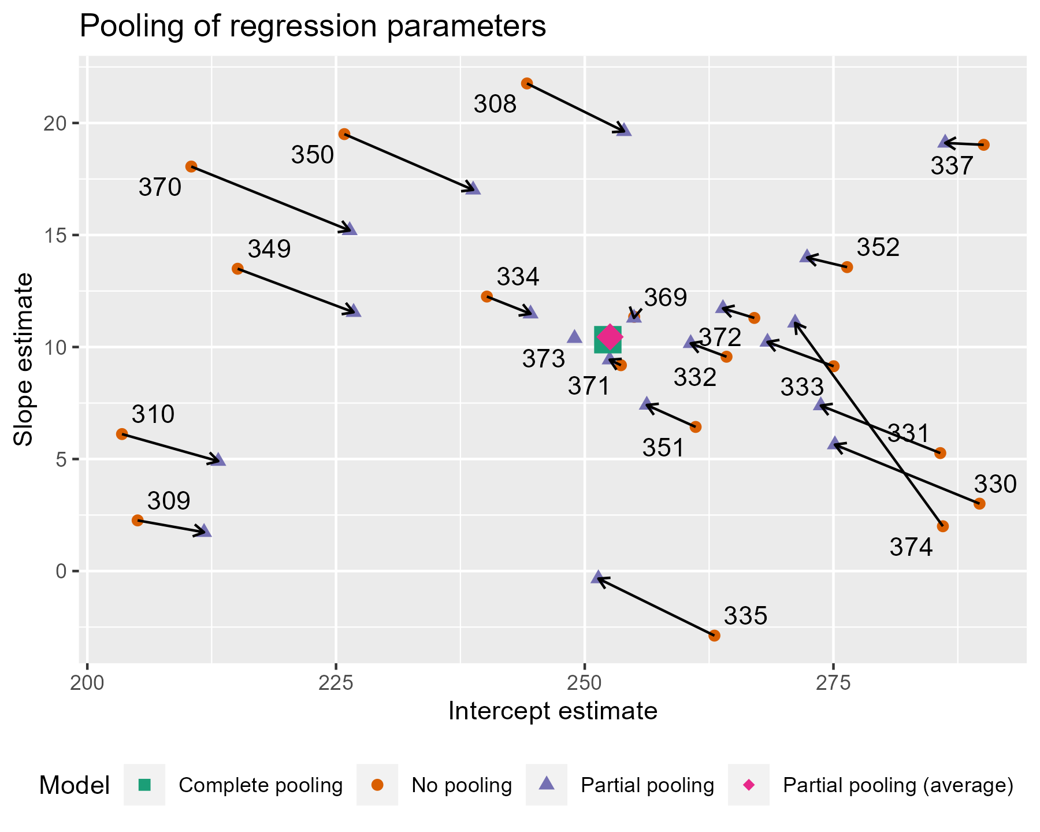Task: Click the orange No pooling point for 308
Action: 526,83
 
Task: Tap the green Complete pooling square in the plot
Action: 607,339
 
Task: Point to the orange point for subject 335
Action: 714,636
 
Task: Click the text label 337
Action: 952,168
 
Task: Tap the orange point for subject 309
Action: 138,520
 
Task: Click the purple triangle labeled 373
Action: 574,336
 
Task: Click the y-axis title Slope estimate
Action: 24,359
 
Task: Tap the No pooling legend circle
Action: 377,785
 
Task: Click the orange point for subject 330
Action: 979,504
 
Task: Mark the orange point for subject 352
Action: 847,267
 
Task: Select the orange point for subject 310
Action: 121,434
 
